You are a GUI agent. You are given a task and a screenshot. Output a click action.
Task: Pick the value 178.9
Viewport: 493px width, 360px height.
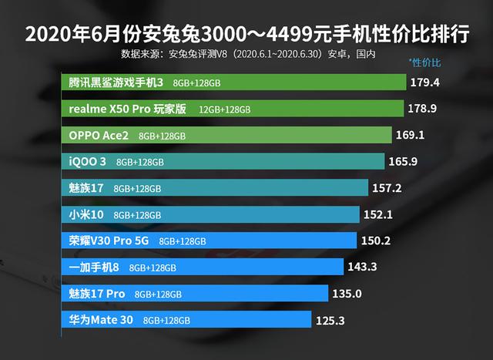click(x=430, y=108)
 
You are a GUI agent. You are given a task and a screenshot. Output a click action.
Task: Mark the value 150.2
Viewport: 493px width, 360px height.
click(x=377, y=241)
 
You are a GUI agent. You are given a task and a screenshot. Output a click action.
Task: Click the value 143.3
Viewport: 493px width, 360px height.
click(x=363, y=267)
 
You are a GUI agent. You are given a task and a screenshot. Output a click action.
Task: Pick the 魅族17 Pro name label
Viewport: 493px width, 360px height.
click(x=97, y=294)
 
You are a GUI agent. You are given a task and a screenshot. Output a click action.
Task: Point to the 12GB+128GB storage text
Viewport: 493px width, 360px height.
click(x=224, y=109)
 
